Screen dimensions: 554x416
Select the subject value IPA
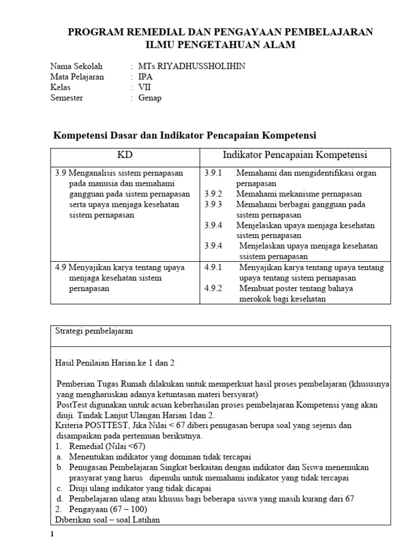(x=146, y=77)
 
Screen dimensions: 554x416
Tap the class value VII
(x=145, y=87)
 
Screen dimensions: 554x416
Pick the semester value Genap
(x=150, y=98)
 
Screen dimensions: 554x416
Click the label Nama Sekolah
(x=76, y=66)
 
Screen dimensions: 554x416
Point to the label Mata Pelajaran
(x=77, y=77)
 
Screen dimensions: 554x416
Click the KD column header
(x=125, y=155)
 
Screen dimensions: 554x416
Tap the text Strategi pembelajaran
(x=94, y=331)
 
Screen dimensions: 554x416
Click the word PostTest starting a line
(x=73, y=405)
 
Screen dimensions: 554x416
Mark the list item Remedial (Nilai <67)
(x=107, y=446)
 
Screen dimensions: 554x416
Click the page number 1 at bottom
(x=53, y=535)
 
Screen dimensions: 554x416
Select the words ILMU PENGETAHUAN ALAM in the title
(x=220, y=45)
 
